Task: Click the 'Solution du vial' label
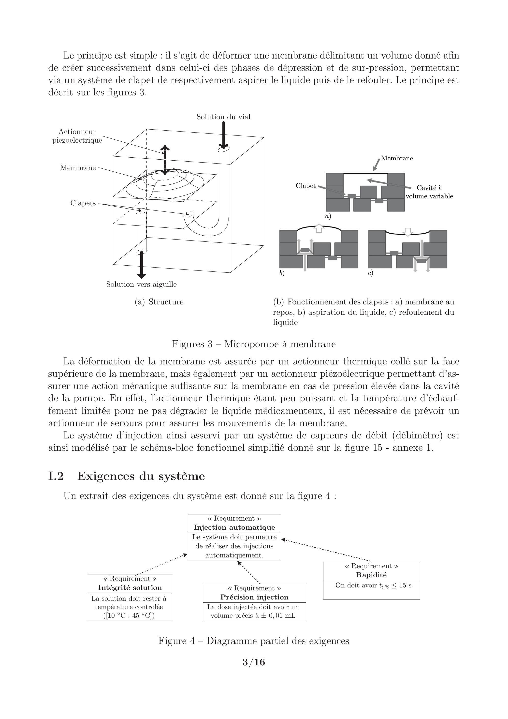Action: pos(223,117)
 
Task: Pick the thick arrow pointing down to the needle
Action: pos(142,265)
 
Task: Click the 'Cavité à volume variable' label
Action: pos(429,192)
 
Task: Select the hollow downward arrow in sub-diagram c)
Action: pos(407,231)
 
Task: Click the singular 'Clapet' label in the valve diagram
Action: pos(305,186)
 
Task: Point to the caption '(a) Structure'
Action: pos(159,302)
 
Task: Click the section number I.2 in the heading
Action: pos(56,476)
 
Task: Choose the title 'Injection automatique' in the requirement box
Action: pos(234,527)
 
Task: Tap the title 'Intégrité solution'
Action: pos(130,588)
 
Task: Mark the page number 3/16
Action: pos(254,662)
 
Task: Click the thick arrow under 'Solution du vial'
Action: pos(223,135)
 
